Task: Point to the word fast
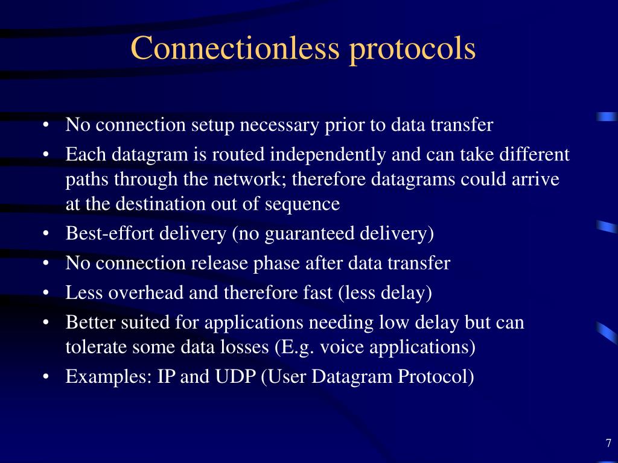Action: pyautogui.click(x=317, y=292)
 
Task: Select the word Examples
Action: pyautogui.click(x=109, y=377)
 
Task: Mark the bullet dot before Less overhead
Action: pyautogui.click(x=46, y=294)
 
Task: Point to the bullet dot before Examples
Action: pyautogui.click(x=46, y=377)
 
